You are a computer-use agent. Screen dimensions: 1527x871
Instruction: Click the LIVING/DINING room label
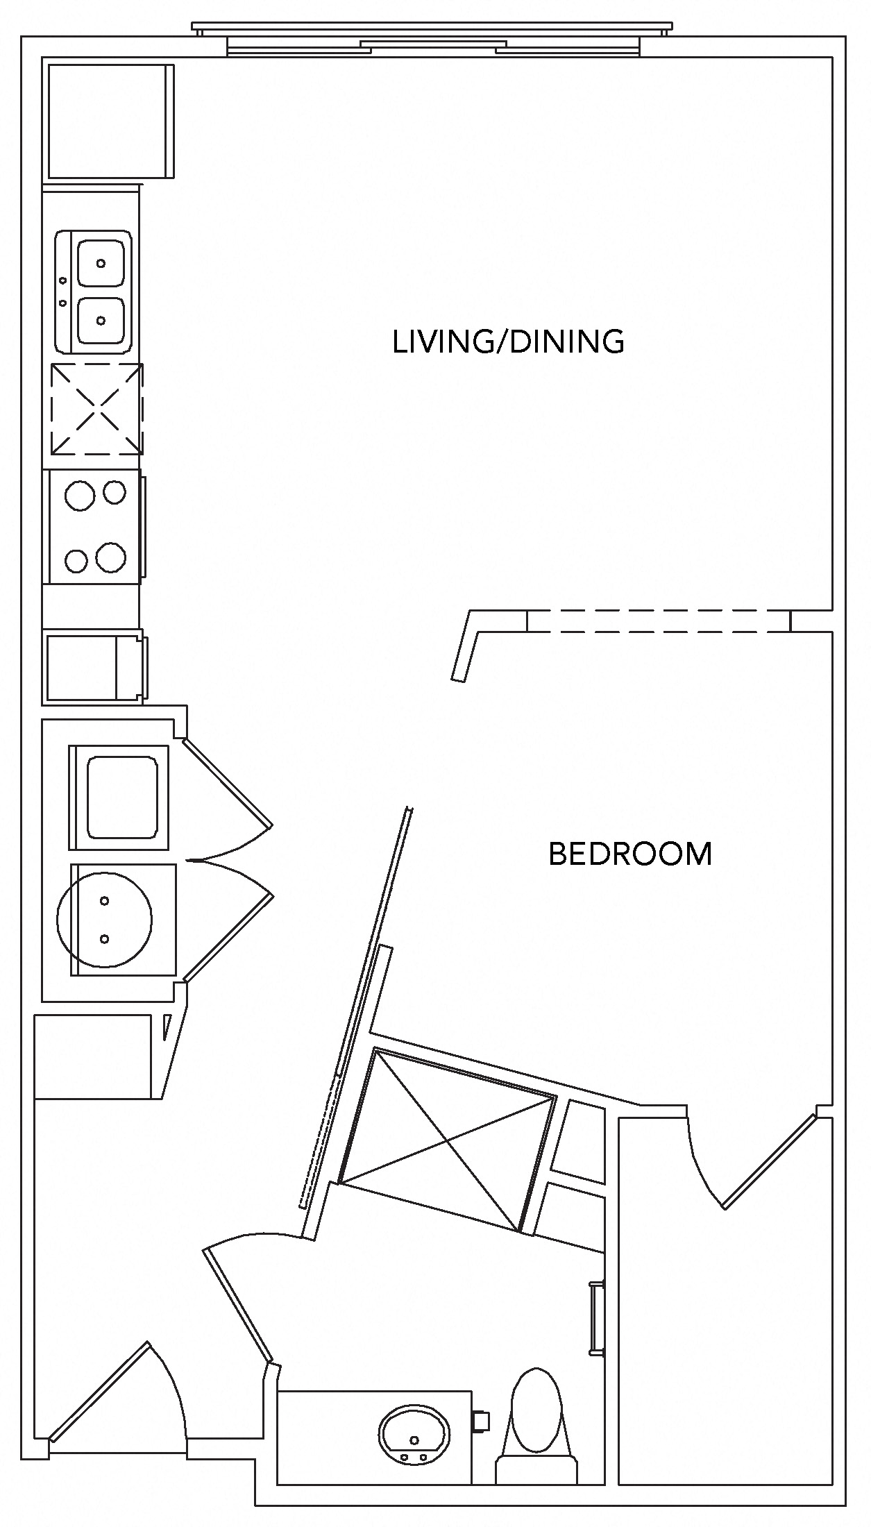click(508, 342)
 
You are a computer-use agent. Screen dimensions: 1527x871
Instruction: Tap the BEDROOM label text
click(630, 854)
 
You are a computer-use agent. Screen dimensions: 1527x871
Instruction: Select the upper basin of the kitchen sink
click(101, 263)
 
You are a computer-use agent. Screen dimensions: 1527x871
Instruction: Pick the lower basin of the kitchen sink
click(101, 320)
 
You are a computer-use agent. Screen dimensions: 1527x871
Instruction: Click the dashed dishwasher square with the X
click(96, 409)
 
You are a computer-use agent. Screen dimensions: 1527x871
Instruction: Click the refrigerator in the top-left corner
click(108, 121)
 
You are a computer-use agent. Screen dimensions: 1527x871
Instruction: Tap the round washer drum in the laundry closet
click(104, 920)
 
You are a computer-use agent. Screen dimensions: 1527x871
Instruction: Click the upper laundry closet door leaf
click(226, 783)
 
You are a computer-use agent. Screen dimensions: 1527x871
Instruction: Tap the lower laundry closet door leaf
click(228, 937)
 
